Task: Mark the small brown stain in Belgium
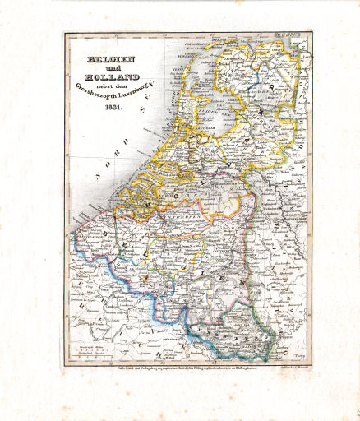146,279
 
